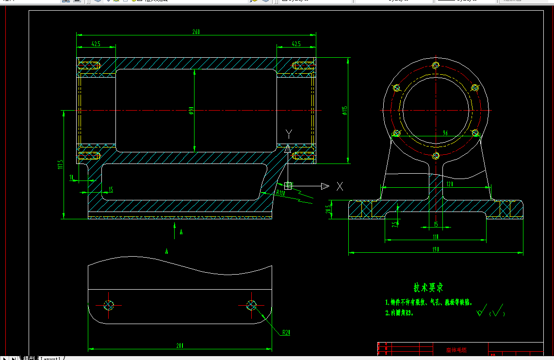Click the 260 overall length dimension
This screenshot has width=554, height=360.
[196, 32]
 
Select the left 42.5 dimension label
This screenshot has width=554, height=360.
[96, 44]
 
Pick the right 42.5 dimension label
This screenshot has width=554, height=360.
[296, 44]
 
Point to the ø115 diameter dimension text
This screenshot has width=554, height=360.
[344, 111]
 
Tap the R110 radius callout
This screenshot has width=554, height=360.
[280, 193]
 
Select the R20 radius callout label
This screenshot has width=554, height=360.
[286, 333]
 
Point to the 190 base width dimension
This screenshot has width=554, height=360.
[435, 250]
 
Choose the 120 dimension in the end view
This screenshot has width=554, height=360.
[449, 184]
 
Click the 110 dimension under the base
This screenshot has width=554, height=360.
[435, 237]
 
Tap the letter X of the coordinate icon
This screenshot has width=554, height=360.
[340, 186]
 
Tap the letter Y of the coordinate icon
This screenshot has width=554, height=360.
[289, 133]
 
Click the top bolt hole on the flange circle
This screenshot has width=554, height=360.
[436, 65]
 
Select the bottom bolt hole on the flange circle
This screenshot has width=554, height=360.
[436, 156]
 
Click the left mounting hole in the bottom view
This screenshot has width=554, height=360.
[108, 305]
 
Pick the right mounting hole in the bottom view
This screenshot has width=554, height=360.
[251, 305]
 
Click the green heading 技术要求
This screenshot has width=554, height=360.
[428, 288]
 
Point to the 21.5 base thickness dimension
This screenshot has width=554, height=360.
[328, 210]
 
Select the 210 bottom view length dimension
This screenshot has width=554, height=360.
[179, 345]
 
